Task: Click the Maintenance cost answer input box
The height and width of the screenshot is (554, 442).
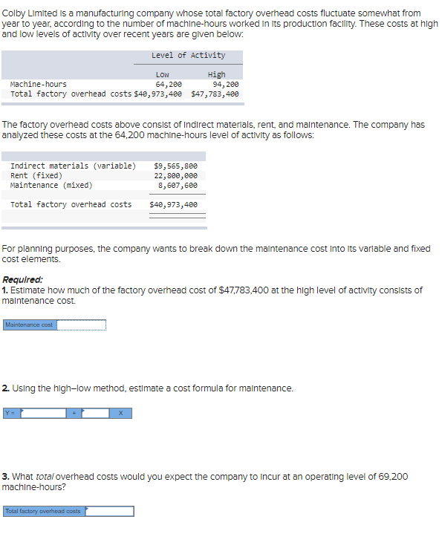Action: point(82,325)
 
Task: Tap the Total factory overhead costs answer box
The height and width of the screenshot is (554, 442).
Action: point(110,511)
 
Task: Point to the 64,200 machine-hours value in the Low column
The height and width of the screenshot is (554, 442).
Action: point(169,85)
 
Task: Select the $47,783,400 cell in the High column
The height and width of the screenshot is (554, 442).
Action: point(215,94)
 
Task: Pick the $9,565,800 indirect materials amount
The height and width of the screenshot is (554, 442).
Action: point(175,166)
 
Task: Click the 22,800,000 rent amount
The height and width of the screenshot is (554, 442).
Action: point(175,175)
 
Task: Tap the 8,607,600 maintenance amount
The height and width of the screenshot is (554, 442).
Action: point(178,185)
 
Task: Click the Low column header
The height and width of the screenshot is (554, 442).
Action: point(162,75)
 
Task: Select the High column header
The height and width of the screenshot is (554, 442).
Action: point(217,75)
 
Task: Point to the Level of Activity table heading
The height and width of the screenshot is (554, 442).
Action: point(188,56)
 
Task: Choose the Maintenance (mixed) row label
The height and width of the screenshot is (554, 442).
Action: point(51,185)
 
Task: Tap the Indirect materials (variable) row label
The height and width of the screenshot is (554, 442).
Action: point(73,166)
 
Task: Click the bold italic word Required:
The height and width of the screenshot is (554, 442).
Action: point(22,281)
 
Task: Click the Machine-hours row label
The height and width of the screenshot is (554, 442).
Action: point(38,85)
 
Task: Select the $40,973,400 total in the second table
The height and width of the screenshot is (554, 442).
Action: point(173,204)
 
